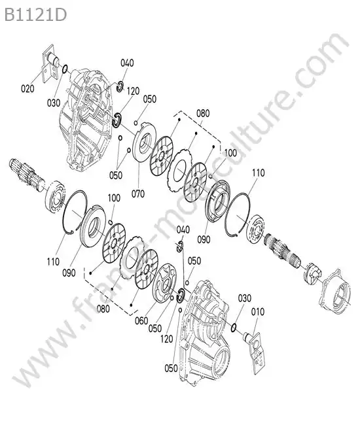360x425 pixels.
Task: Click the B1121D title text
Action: pyautogui.click(x=35, y=15)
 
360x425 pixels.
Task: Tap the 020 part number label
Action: pyautogui.click(x=27, y=88)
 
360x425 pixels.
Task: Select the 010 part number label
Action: pyautogui.click(x=257, y=312)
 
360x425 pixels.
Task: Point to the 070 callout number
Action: pyautogui.click(x=138, y=194)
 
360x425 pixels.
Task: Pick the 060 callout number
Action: pyautogui.click(x=141, y=321)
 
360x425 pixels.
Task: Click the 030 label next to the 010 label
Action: pyautogui.click(x=244, y=298)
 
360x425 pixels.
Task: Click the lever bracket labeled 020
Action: pyautogui.click(x=50, y=65)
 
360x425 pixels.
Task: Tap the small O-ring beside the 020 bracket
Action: pyautogui.click(x=65, y=69)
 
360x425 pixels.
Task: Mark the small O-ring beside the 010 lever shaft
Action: pyautogui.click(x=234, y=328)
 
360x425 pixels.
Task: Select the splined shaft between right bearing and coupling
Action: pyautogui.click(x=283, y=250)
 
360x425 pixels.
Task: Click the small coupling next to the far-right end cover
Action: pyautogui.click(x=312, y=274)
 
